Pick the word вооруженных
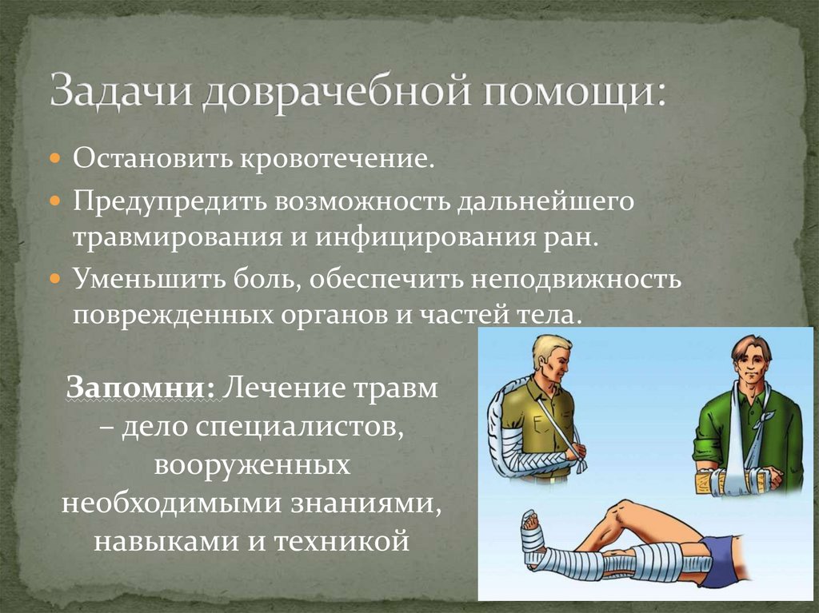(250, 464)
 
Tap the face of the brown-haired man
(750, 363)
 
